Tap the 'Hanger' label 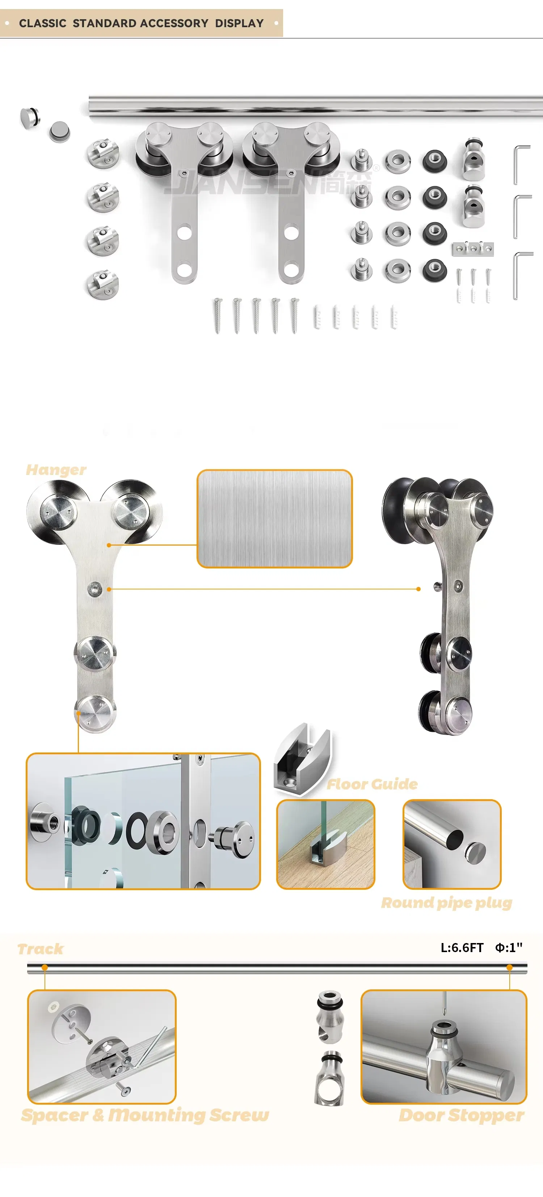click(56, 470)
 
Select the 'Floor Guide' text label click(372, 784)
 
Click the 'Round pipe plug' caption click(446, 903)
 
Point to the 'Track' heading click(41, 949)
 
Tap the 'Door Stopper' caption click(461, 1115)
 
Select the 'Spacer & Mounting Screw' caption click(145, 1115)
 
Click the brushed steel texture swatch click(274, 518)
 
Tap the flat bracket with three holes click(472, 249)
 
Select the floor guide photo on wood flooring click(325, 844)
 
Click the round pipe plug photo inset click(451, 844)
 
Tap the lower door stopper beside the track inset click(330, 1080)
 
